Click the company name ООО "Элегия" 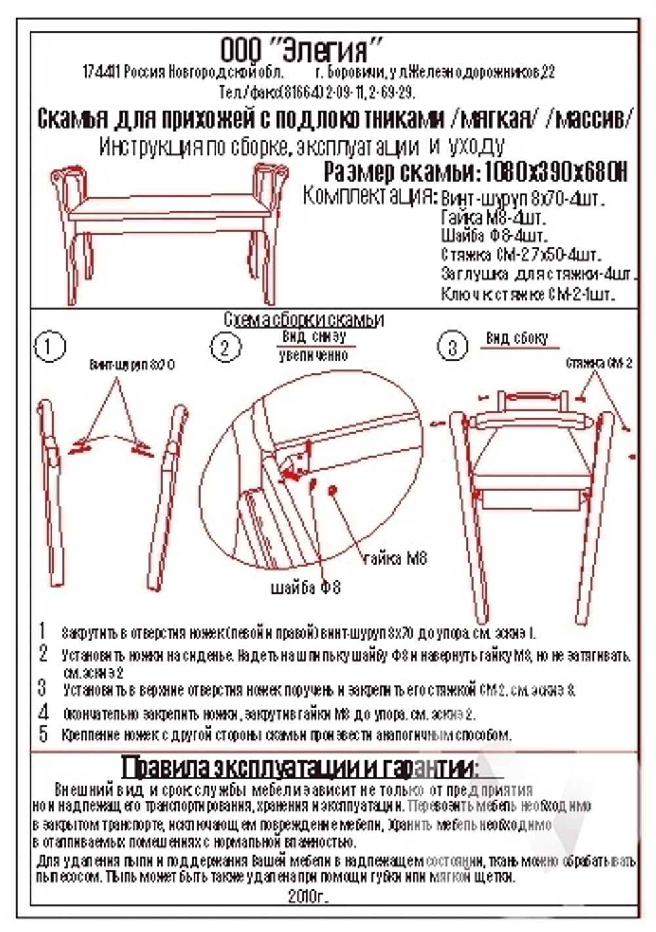pyautogui.click(x=301, y=49)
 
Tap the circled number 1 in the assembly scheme pyautogui.click(x=51, y=347)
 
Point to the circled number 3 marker pyautogui.click(x=452, y=347)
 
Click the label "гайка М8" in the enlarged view pyautogui.click(x=395, y=559)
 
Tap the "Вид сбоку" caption pyautogui.click(x=516, y=338)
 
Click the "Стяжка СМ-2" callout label pyautogui.click(x=599, y=363)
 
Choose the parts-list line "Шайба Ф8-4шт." pyautogui.click(x=494, y=235)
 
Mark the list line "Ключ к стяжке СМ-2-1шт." pyautogui.click(x=529, y=294)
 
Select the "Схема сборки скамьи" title pyautogui.click(x=304, y=319)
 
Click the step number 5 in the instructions pyautogui.click(x=43, y=734)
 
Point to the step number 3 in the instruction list pyautogui.click(x=43, y=689)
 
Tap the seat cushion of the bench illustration pyautogui.click(x=171, y=209)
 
